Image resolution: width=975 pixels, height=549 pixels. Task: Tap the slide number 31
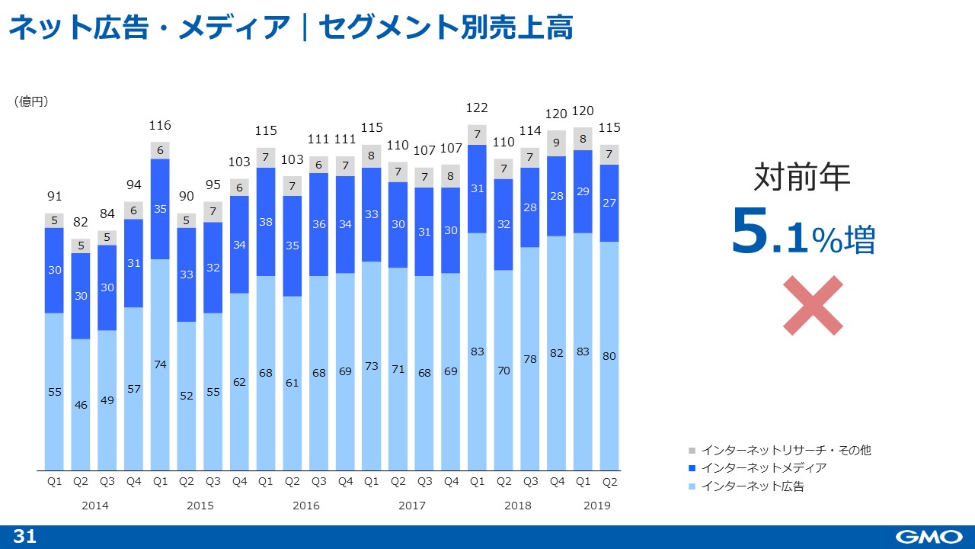pos(25,537)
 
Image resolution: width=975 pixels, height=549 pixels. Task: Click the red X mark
pos(813,305)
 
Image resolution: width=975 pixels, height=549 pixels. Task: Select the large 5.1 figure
pos(769,232)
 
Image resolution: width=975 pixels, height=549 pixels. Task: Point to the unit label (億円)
pos(31,101)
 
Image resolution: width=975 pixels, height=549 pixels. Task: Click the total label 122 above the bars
pos(477,108)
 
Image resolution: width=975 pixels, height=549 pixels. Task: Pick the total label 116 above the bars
pos(160,125)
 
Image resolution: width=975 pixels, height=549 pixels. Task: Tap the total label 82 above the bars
pos(81,222)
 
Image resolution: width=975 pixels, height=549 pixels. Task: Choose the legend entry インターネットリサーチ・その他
pos(785,450)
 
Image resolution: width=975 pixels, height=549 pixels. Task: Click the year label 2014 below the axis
pos(94,506)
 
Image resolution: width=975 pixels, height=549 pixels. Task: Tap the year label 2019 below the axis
pos(596,506)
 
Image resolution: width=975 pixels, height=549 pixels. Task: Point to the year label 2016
pos(305,506)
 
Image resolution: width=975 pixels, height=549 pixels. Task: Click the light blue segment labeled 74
pos(160,364)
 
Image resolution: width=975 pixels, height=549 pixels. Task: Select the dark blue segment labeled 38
pos(266,222)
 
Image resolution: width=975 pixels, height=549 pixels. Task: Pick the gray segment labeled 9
pos(557,143)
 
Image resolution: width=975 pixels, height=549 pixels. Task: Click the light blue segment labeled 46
pos(81,404)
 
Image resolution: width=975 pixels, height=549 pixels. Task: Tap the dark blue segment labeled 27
pos(609,203)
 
